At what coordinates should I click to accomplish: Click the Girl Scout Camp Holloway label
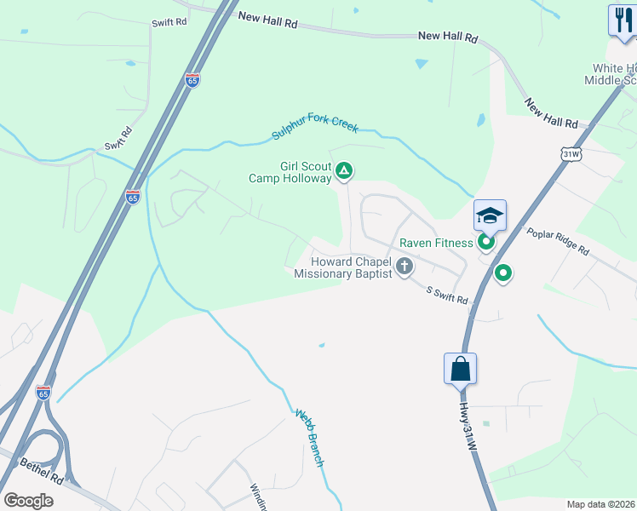click(290, 173)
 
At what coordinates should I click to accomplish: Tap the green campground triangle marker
click(344, 172)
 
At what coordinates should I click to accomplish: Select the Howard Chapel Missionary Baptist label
click(343, 267)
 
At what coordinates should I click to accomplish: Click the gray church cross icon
click(405, 267)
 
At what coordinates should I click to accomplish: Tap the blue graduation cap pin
click(491, 215)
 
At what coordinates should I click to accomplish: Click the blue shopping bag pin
click(460, 369)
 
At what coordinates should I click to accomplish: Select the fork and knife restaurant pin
click(623, 20)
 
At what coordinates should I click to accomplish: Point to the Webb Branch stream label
click(310, 438)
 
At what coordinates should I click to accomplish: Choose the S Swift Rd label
click(448, 295)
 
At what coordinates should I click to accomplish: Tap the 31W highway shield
click(571, 153)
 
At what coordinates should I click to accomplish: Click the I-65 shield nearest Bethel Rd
click(43, 393)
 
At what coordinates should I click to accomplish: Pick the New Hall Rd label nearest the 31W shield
click(551, 112)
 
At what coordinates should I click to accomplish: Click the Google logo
click(28, 500)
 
